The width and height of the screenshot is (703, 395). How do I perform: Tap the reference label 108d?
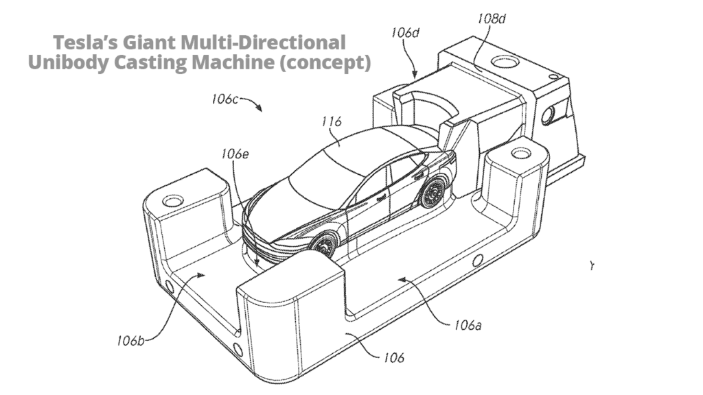492,19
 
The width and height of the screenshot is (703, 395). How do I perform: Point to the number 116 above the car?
332,123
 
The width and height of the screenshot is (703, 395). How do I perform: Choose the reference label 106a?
467,325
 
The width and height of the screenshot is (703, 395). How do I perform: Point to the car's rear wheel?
433,195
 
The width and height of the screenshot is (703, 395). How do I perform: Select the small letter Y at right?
591,265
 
